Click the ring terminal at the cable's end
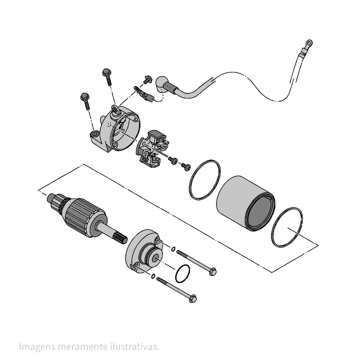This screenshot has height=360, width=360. click(309, 43)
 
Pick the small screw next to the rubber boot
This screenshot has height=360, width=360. click(147, 80)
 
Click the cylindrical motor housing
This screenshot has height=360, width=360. click(246, 203)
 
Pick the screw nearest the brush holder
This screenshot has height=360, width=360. click(173, 160)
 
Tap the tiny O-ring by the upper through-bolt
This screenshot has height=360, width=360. click(174, 249)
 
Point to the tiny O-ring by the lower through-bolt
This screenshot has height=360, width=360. click(153, 276)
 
